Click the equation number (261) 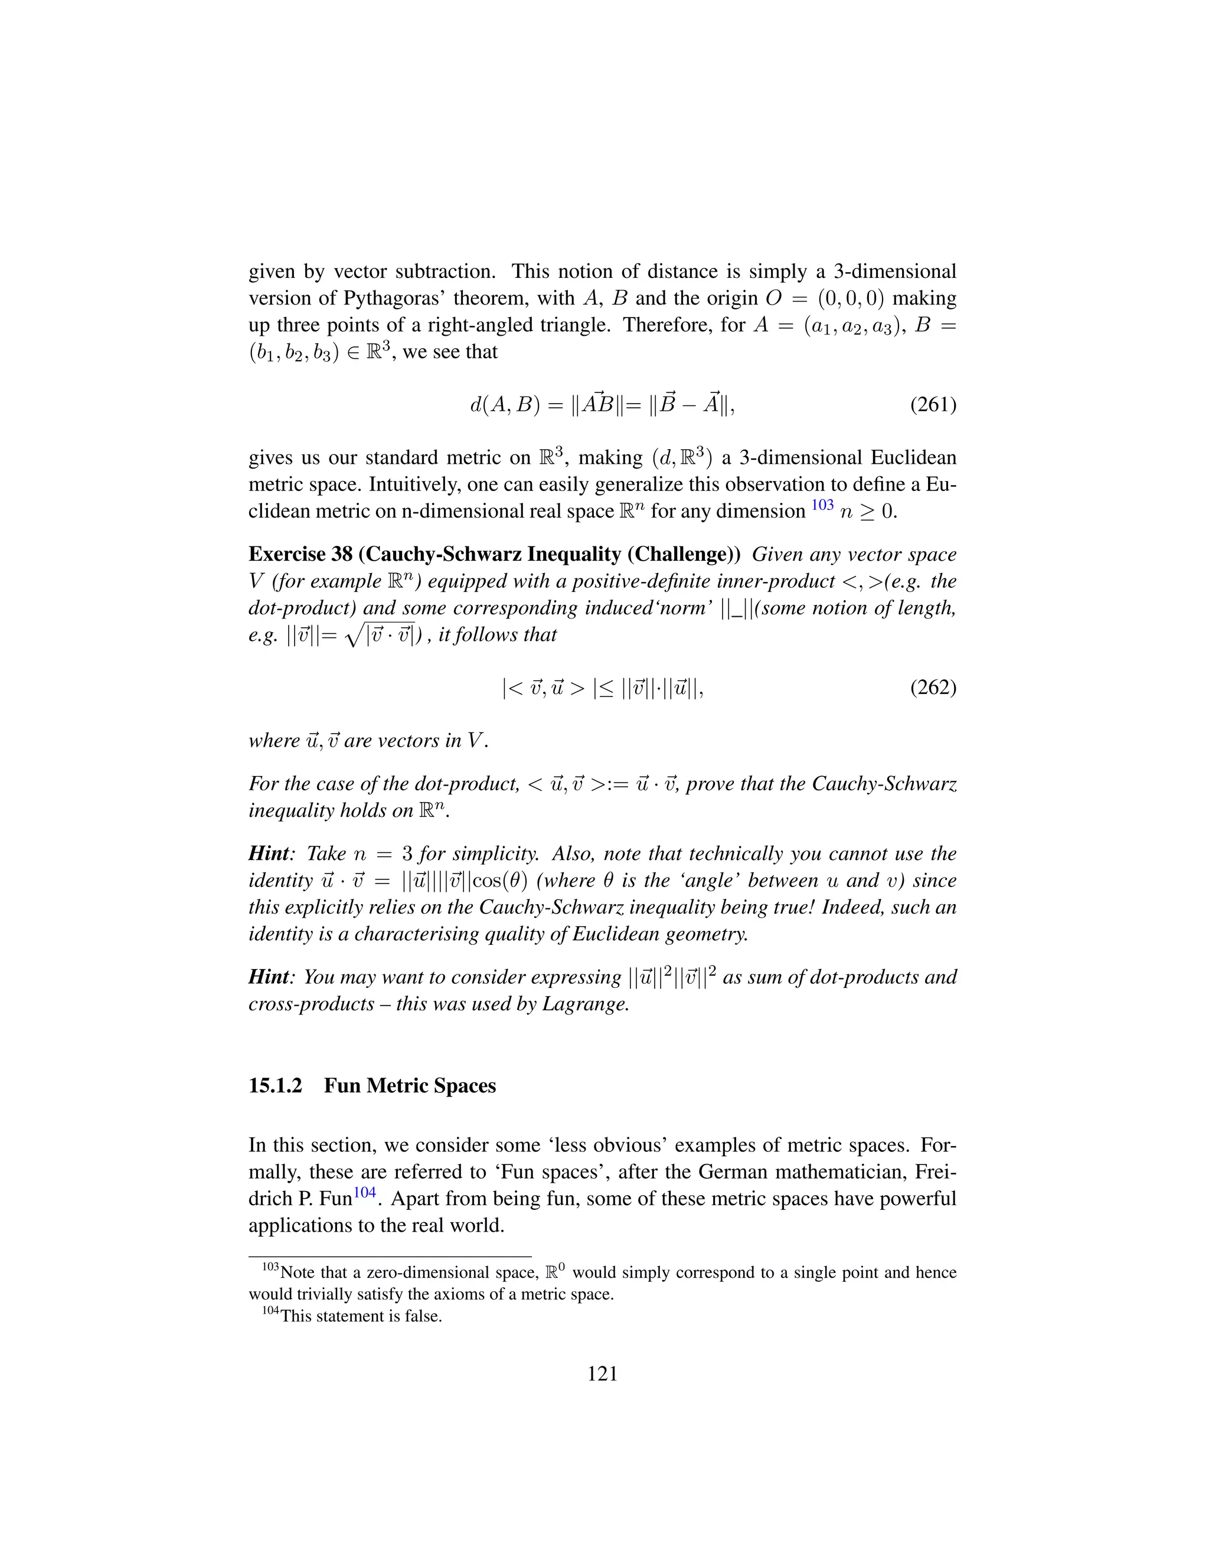[x=933, y=405]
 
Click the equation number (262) [x=933, y=688]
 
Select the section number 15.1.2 [x=275, y=1085]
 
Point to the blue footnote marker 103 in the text [x=822, y=506]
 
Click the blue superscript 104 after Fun [x=365, y=1193]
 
